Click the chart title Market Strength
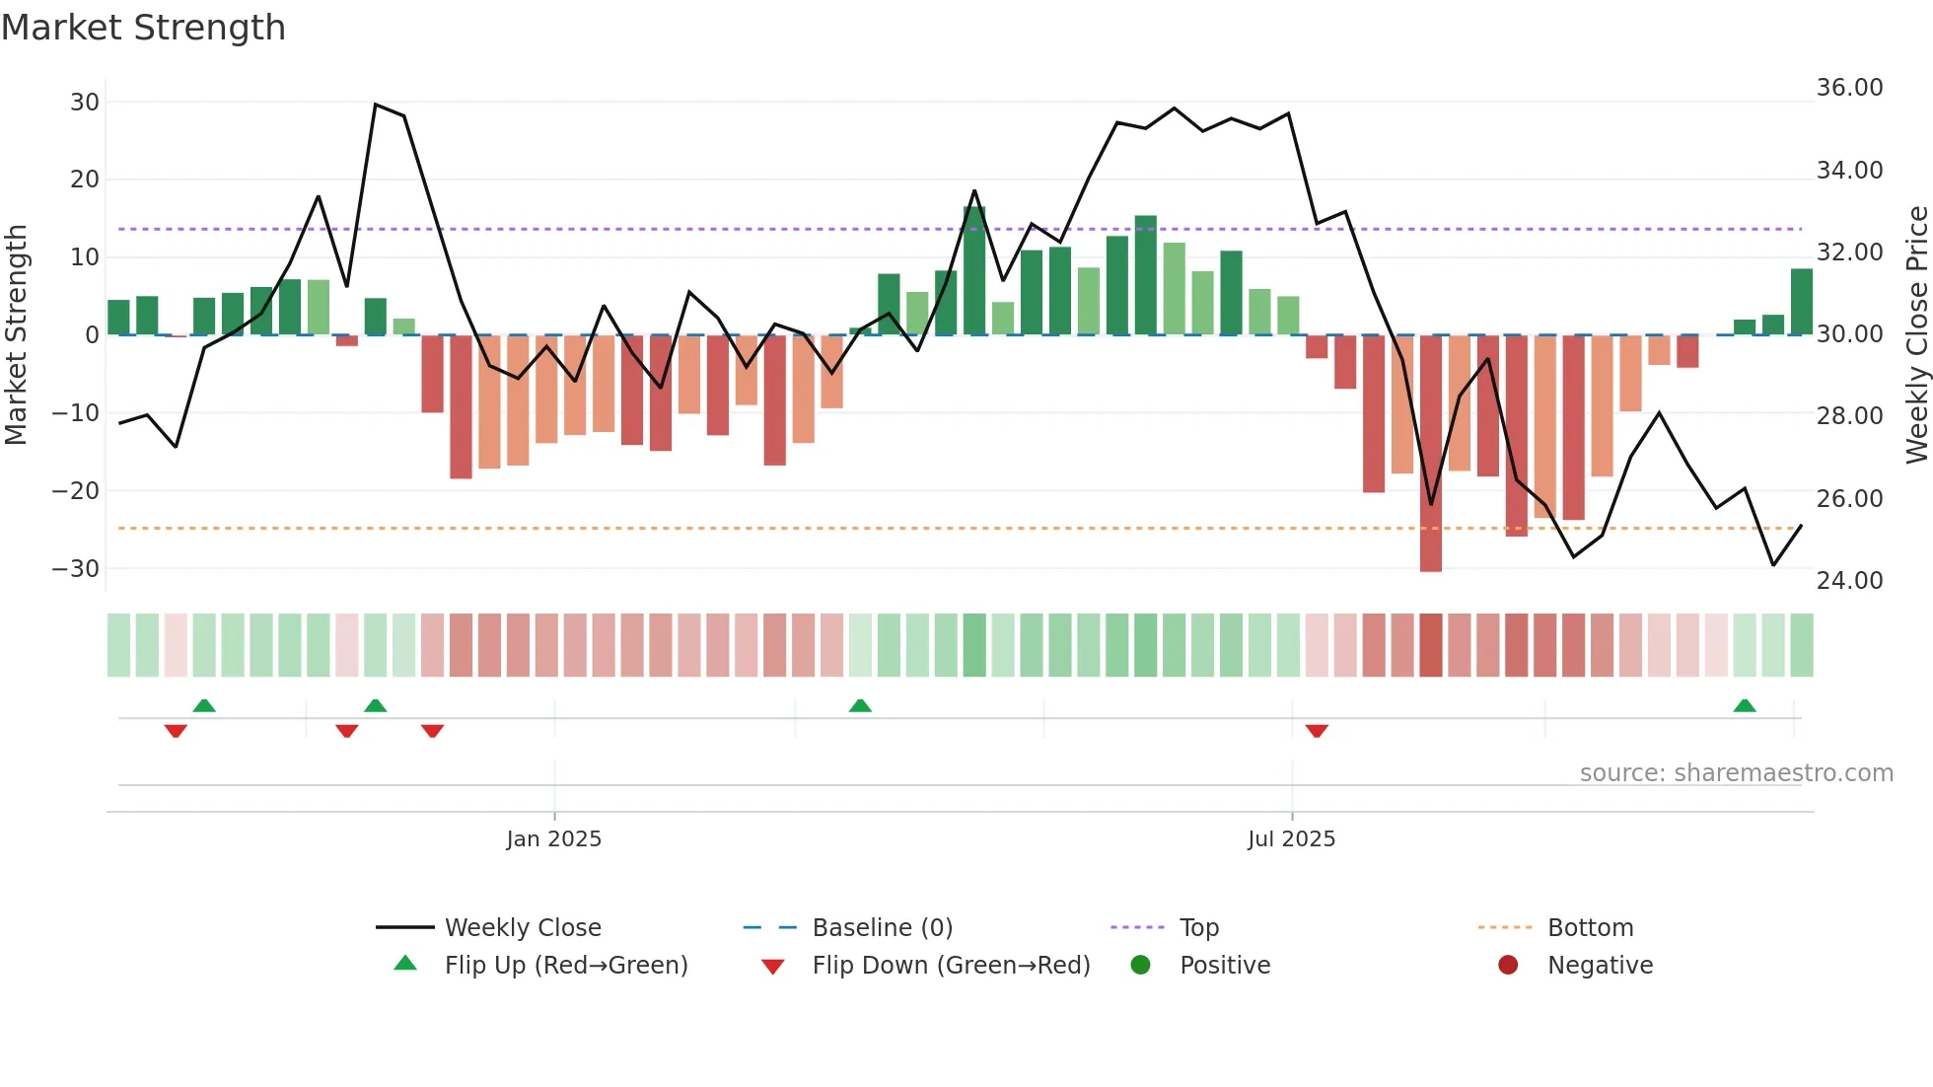coord(143,28)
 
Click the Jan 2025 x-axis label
coord(553,839)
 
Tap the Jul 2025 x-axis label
coord(1291,839)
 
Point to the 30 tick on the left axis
coord(85,103)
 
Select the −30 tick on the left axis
coord(76,569)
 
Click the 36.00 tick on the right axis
coord(1849,88)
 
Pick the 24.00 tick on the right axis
coord(1849,581)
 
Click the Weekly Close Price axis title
coord(1916,334)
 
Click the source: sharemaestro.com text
coord(1736,773)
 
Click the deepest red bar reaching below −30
coord(1430,454)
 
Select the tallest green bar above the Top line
coord(974,271)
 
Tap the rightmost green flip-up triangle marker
coord(1745,706)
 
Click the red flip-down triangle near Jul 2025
coord(1317,731)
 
